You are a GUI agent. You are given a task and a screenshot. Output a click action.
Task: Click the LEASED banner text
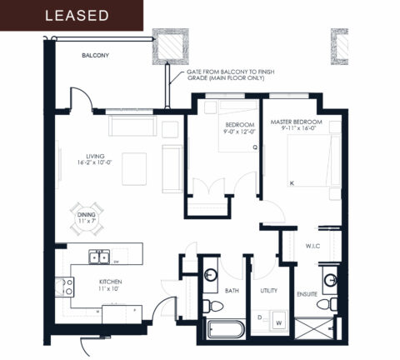77,16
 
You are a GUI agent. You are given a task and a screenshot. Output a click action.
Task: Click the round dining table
87,211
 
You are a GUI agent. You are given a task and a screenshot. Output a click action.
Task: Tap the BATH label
232,291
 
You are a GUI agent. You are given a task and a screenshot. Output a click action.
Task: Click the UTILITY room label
269,291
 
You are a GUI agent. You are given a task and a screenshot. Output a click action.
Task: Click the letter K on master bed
292,182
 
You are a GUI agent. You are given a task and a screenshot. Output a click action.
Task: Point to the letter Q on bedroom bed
256,148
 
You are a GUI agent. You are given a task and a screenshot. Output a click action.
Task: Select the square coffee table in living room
134,167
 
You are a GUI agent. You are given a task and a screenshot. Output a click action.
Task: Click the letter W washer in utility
277,321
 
